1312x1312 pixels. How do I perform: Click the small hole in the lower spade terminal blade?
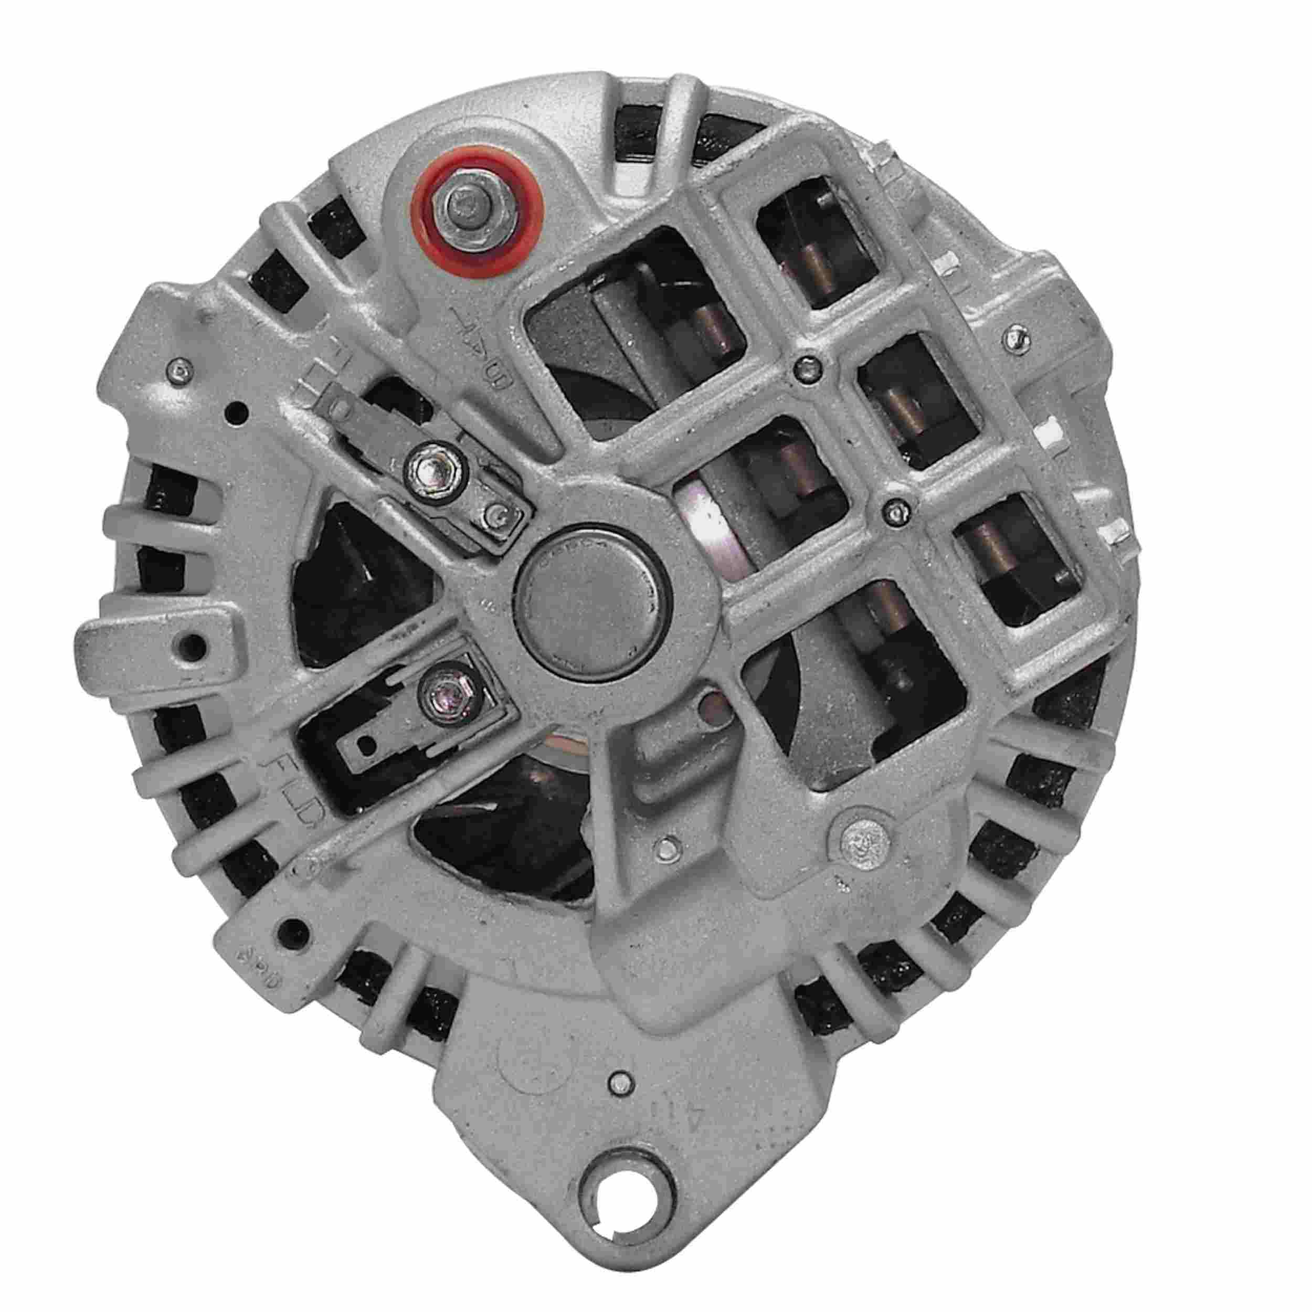click(367, 745)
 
